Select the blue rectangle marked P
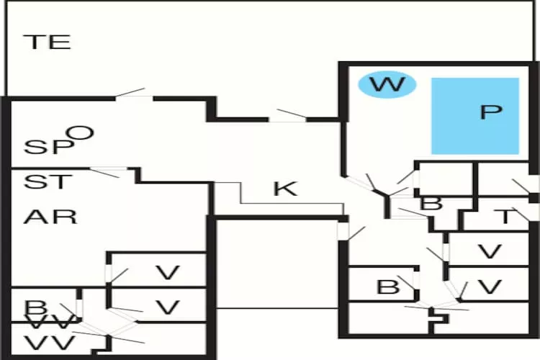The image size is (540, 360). tap(475, 115)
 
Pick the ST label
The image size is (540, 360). tap(48, 181)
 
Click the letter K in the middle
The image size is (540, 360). tap(285, 189)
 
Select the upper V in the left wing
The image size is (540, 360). tap(167, 273)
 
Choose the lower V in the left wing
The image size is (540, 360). tap(167, 308)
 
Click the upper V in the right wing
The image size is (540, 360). tap(490, 252)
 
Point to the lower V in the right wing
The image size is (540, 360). tap(490, 287)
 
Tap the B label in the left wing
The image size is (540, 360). tap(34, 308)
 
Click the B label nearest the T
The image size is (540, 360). tap(431, 203)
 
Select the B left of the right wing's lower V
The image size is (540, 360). tap(388, 287)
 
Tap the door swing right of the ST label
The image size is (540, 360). tap(106, 172)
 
